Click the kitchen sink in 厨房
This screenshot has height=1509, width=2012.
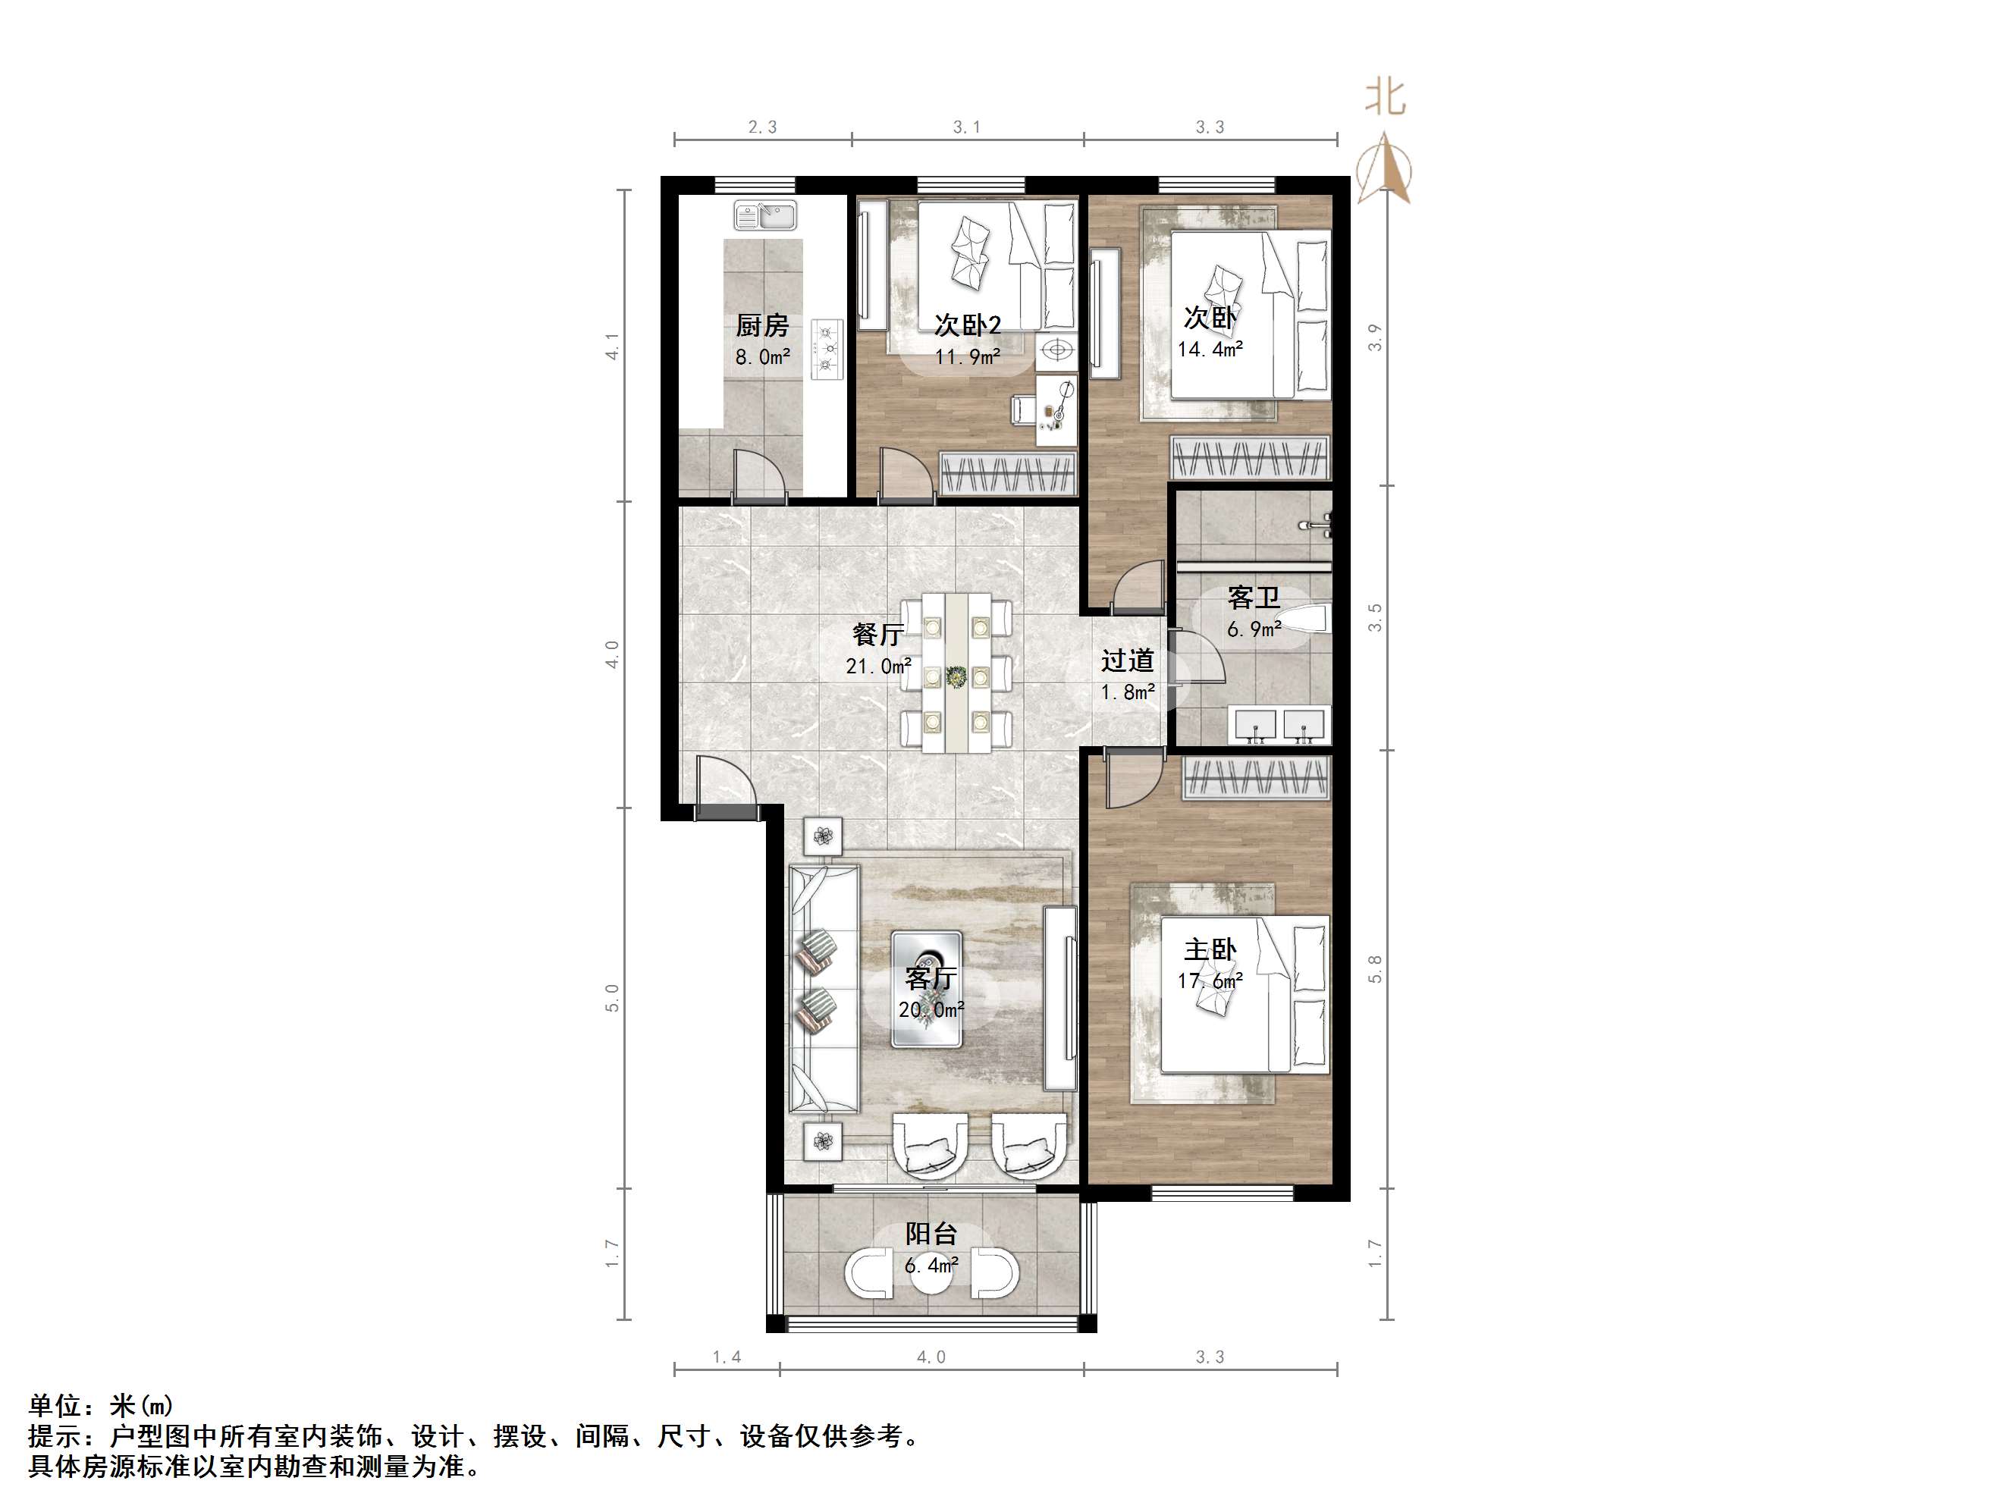click(x=765, y=215)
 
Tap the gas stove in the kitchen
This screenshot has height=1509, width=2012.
click(x=827, y=347)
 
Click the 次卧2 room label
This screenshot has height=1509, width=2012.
click(x=968, y=325)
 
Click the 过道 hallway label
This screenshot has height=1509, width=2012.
click(x=1128, y=660)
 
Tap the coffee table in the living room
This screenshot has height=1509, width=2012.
click(x=926, y=990)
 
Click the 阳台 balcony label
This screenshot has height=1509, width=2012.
click(x=931, y=1234)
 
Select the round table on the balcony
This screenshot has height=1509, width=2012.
click(x=931, y=1272)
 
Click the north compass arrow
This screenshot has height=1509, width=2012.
click(x=1383, y=168)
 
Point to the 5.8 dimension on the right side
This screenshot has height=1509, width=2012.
click(x=1374, y=968)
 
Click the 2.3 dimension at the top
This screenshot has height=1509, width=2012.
click(x=762, y=127)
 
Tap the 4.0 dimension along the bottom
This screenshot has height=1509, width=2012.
click(x=931, y=1357)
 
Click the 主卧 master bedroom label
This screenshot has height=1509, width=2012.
click(x=1210, y=949)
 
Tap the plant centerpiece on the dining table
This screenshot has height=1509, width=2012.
click(x=956, y=676)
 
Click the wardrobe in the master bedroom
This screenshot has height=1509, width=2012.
click(x=1256, y=779)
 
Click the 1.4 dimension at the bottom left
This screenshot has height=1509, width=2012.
click(x=726, y=1357)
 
